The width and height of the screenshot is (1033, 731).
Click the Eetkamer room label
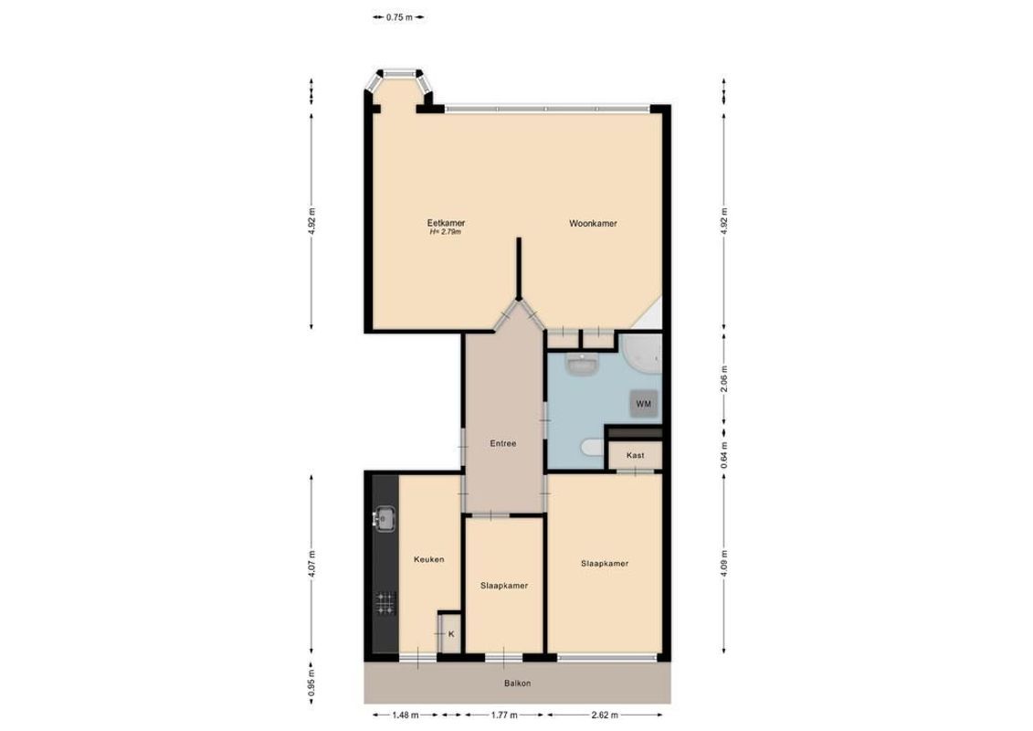coord(446,223)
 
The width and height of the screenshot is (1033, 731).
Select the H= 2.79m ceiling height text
coord(446,233)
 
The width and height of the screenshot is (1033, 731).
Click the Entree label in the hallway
coord(503,444)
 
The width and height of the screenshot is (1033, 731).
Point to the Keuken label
coord(428,559)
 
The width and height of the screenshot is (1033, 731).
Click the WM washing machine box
coord(644,402)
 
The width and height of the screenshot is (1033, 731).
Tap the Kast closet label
coord(636,455)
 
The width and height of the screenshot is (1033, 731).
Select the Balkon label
coord(516,683)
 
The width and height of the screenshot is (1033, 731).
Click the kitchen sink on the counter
coord(385,519)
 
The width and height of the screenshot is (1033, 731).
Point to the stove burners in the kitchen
coord(385,602)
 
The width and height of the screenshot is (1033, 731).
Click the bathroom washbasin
coord(581,365)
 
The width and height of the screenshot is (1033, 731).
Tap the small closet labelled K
coord(449,633)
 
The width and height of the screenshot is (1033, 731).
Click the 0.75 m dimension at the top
coord(398,16)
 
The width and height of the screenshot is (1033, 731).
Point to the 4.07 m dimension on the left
coord(311,565)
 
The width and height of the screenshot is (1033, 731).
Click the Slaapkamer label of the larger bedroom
coord(604,564)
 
